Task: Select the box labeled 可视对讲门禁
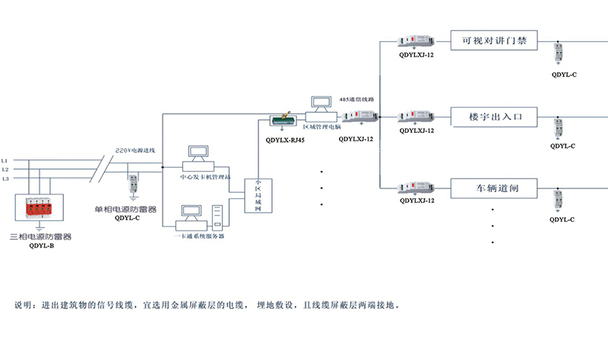pos(494,39)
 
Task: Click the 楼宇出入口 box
pos(494,116)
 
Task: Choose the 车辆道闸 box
pos(494,188)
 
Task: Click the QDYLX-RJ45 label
pos(286,140)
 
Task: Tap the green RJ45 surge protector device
pos(286,122)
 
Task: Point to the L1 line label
pos(5,161)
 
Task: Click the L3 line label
pos(5,178)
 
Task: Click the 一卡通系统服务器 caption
pos(200,236)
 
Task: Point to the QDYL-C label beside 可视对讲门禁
pos(563,75)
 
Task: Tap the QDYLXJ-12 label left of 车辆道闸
pos(416,201)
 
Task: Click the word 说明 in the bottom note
pos(24,306)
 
